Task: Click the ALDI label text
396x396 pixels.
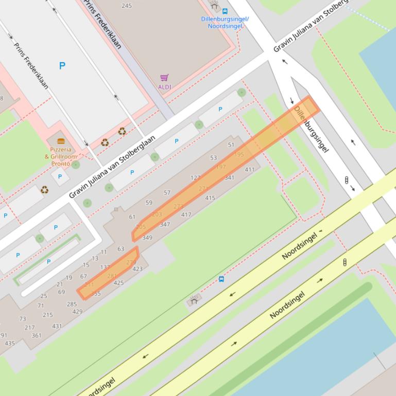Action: (x=164, y=87)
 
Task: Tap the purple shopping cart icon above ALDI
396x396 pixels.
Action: (x=164, y=78)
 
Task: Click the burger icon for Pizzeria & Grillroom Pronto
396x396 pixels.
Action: (x=61, y=141)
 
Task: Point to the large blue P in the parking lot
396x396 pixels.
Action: (x=62, y=66)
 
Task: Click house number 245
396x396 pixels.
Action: (x=126, y=6)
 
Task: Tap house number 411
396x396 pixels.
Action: (x=250, y=170)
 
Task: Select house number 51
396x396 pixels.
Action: (x=231, y=145)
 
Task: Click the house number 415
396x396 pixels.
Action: (x=210, y=198)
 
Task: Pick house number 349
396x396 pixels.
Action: (x=147, y=238)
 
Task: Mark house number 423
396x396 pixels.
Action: (x=137, y=269)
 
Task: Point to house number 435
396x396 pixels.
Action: (x=10, y=344)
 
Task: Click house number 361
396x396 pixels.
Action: (x=37, y=335)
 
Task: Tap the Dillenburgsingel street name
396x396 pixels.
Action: (x=311, y=130)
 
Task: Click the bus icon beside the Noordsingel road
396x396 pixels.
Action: (x=221, y=279)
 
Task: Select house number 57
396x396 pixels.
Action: (x=167, y=193)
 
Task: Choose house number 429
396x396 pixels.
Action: (x=77, y=312)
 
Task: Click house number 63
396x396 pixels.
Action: (x=120, y=249)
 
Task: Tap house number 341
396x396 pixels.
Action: (x=230, y=178)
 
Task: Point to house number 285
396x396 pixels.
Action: (x=72, y=304)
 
